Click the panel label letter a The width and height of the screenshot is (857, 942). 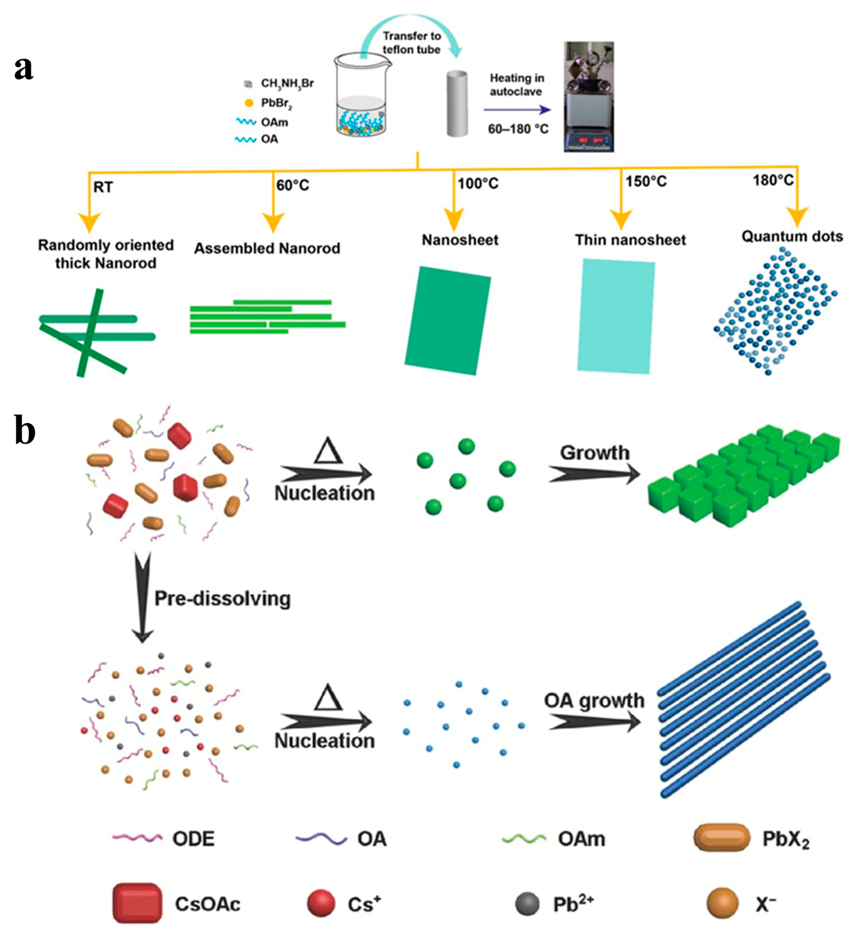[23, 69]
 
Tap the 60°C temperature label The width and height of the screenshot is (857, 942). [293, 185]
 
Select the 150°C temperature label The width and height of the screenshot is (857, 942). [646, 181]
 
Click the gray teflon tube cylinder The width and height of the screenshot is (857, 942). [457, 103]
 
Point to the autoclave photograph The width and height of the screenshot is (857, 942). [589, 96]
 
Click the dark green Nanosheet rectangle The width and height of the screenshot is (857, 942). [448, 320]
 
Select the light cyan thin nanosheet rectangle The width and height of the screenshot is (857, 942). [616, 316]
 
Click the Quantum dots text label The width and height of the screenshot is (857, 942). [792, 236]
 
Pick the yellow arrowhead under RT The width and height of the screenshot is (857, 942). [90, 222]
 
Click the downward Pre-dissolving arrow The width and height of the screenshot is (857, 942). [142, 598]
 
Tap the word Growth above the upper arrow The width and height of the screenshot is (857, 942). [594, 453]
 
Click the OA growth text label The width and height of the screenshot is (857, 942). [594, 701]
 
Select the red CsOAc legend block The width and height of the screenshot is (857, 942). [137, 903]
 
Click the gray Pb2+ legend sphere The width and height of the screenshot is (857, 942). [527, 903]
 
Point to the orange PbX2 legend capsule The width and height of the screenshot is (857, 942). [721, 838]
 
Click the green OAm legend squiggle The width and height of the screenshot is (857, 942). [524, 838]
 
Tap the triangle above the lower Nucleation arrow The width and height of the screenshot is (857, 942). [328, 698]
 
